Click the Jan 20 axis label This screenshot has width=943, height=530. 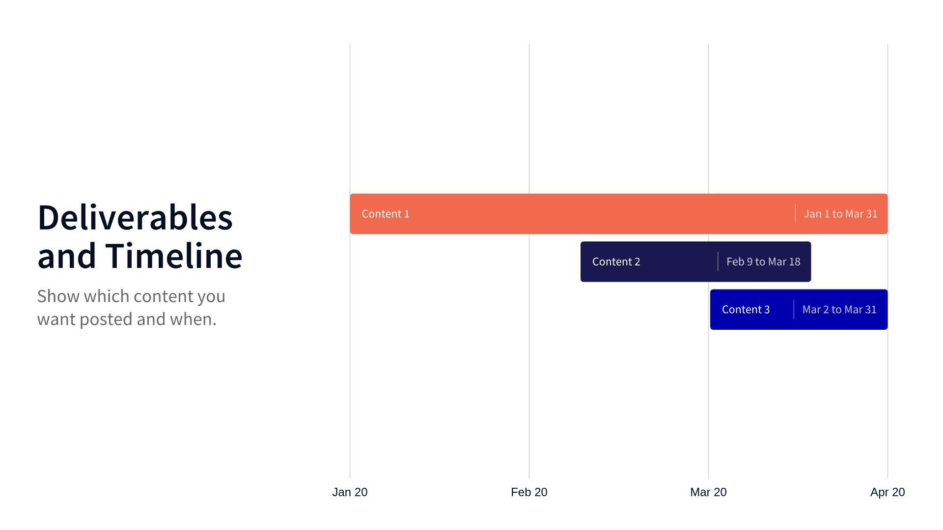point(350,492)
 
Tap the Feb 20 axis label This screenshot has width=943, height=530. point(529,492)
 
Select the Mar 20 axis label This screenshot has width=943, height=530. point(708,492)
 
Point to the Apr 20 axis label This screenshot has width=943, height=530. point(887,492)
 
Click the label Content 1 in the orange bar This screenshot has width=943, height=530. point(386,214)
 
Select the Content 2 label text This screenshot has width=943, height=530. point(616,262)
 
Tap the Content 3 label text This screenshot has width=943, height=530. point(746,310)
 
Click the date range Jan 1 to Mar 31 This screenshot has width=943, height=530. point(840,214)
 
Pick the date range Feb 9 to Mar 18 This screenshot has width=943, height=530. point(763,262)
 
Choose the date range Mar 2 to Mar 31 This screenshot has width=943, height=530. point(839,310)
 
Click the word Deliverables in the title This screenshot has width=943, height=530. point(135,217)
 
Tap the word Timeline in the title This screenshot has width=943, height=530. point(174,256)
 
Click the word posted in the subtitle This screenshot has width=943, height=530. point(107,319)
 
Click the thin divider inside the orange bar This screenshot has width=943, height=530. point(795,214)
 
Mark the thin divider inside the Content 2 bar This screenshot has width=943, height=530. point(718,262)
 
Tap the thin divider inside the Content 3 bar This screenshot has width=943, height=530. point(794,310)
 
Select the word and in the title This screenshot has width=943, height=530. point(66,256)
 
